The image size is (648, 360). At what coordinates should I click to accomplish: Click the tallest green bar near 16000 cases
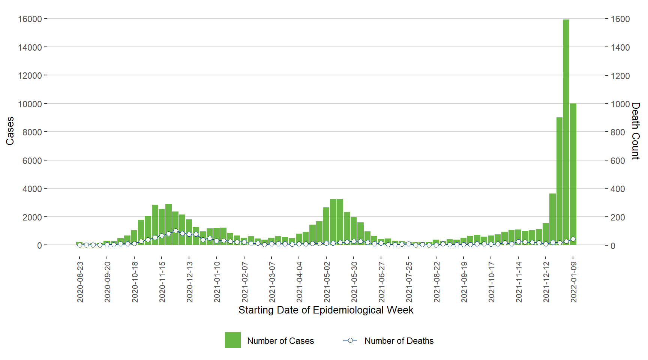[566, 131]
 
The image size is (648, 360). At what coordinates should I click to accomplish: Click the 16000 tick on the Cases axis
[30, 19]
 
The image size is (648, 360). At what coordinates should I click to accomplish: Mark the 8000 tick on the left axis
[32, 132]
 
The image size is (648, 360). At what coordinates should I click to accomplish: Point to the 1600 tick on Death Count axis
[620, 19]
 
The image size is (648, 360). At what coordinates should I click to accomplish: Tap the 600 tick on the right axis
[618, 160]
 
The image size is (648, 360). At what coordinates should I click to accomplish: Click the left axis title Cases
[10, 131]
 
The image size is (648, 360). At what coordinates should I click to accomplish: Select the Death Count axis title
[635, 131]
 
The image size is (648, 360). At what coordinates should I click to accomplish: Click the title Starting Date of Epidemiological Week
[326, 310]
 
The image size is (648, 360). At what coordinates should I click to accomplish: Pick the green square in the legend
[232, 340]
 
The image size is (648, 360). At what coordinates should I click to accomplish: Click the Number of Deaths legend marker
[350, 340]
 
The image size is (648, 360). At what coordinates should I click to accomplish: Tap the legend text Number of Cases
[280, 341]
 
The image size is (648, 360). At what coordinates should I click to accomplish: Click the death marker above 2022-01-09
[573, 239]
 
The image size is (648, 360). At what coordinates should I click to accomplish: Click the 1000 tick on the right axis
[620, 104]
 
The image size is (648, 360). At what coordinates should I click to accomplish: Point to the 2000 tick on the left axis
[32, 217]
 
